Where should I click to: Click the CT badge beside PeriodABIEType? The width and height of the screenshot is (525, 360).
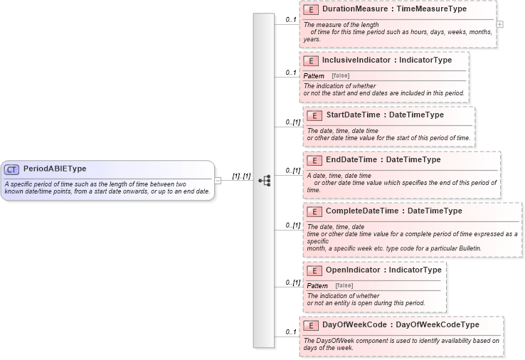coord(12,169)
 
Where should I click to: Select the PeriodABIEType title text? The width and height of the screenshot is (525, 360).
coord(55,169)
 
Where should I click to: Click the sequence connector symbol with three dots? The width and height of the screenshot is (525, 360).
coord(265,181)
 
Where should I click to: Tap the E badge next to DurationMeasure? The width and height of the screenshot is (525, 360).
coord(310,10)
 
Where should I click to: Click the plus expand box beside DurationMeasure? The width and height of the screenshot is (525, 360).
coord(500,24)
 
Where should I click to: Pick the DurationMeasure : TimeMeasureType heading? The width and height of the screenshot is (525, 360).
coord(394,10)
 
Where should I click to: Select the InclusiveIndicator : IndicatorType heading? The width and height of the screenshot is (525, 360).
coord(386,60)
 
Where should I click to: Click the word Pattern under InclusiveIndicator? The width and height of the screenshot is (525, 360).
coord(314,75)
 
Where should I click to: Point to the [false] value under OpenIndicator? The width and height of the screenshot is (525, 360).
coord(344,285)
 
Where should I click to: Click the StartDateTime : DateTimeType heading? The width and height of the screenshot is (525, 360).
coord(384,115)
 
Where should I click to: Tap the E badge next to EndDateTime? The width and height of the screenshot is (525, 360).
coord(314,160)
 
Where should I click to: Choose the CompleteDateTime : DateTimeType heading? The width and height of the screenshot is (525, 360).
coord(393,211)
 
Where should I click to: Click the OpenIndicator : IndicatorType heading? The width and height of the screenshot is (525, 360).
coord(383,270)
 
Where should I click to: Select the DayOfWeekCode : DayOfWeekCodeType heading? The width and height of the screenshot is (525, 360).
coord(401,325)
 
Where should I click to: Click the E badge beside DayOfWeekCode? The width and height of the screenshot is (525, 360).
coord(310,325)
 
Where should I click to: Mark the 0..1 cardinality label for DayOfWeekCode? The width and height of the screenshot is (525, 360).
coord(290,332)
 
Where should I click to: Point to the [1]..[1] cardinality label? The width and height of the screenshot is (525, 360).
coord(241,176)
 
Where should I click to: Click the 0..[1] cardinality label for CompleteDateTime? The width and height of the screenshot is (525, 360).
coord(292,225)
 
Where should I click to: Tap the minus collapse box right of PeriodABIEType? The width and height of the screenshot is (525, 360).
coord(218,181)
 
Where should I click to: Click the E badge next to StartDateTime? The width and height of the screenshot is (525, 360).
coord(314,115)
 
